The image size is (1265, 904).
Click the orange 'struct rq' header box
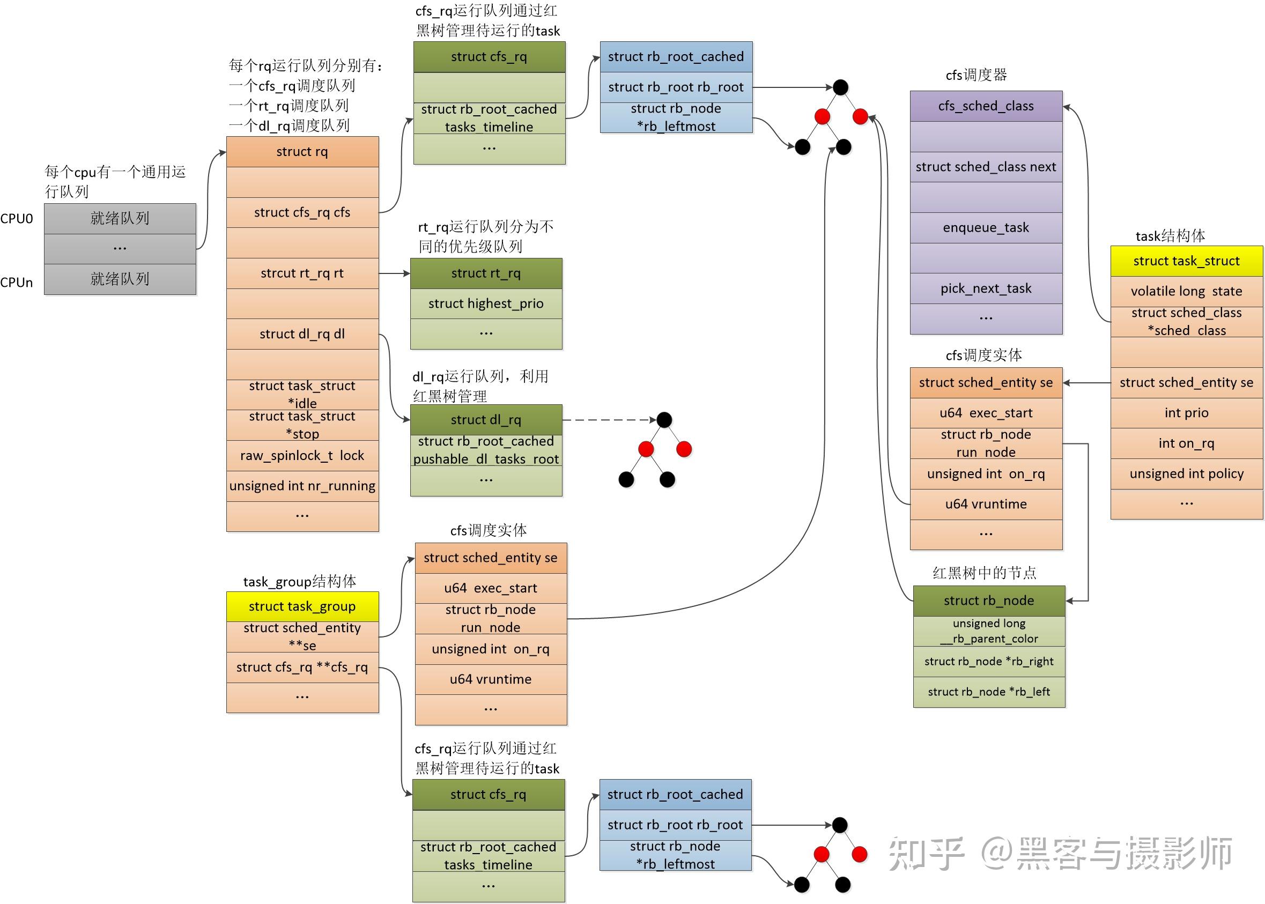point(302,151)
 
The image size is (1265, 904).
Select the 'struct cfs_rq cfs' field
point(302,212)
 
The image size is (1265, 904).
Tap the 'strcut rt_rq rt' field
point(302,273)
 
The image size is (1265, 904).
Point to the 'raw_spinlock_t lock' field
point(302,455)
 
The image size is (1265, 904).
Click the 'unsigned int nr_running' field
point(302,486)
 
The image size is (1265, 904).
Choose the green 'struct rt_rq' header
point(486,273)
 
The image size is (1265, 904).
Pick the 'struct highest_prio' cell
point(486,303)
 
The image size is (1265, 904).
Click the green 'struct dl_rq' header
point(486,420)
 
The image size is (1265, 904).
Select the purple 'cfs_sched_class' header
point(986,106)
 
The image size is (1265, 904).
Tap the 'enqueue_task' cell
point(986,227)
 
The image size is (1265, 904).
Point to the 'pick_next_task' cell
point(986,288)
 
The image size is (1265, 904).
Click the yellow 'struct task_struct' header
point(1187,261)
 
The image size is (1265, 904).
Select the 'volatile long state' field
point(1187,291)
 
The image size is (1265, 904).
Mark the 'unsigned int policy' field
point(1187,473)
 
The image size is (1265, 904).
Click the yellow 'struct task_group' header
point(302,606)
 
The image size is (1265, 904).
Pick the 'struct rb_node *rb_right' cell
point(989,661)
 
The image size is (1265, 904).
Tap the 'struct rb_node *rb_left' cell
point(989,692)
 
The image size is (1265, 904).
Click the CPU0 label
point(17,219)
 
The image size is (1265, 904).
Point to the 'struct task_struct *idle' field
point(302,394)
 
